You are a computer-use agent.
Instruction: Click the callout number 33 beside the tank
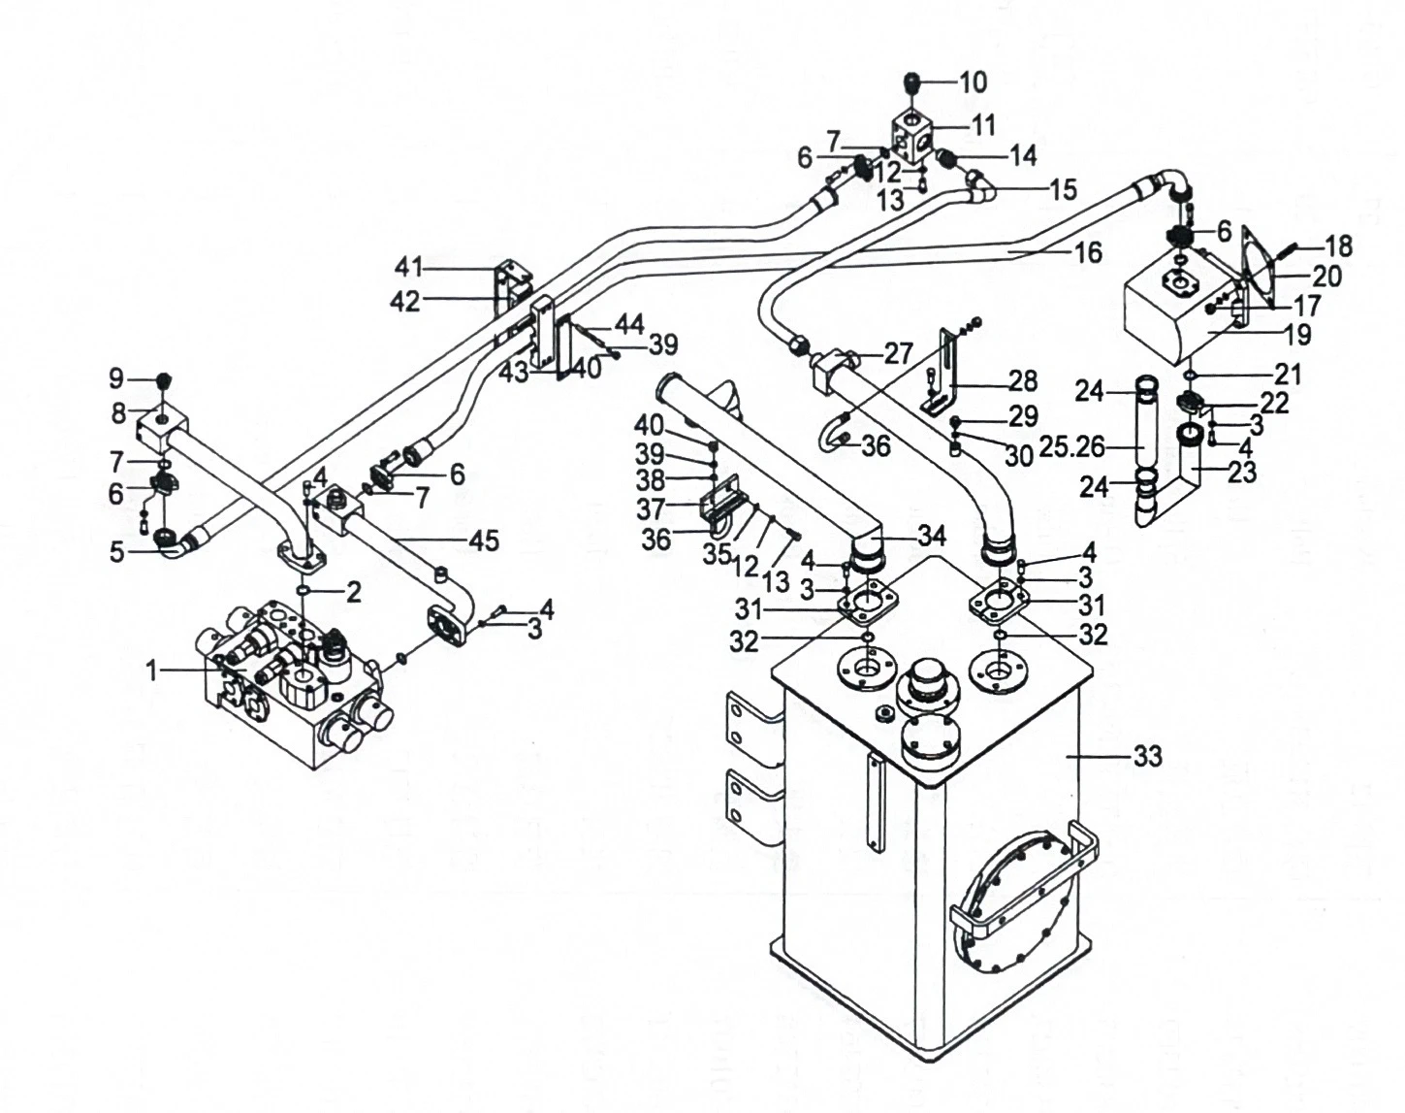[x=1147, y=757]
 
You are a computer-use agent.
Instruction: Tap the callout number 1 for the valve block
[x=152, y=671]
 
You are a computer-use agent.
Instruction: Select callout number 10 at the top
[x=973, y=83]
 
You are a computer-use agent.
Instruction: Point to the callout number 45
[x=485, y=540]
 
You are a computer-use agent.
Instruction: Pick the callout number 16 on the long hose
[x=1088, y=252]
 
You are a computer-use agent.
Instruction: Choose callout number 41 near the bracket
[x=409, y=267]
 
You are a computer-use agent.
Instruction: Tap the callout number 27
[x=898, y=353]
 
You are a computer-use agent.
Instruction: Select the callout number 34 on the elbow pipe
[x=931, y=537]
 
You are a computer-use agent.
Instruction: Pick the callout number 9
[x=116, y=377]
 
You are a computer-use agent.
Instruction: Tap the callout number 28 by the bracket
[x=1023, y=380]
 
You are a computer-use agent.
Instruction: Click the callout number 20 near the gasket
[x=1326, y=277]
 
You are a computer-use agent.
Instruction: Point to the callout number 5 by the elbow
[x=116, y=553]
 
